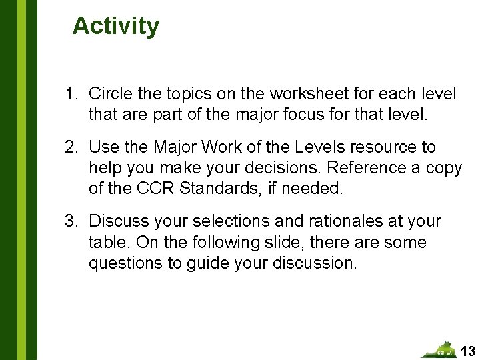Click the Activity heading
[x=116, y=26]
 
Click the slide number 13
[x=468, y=351]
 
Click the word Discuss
[x=117, y=221]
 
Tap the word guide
[x=207, y=263]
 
